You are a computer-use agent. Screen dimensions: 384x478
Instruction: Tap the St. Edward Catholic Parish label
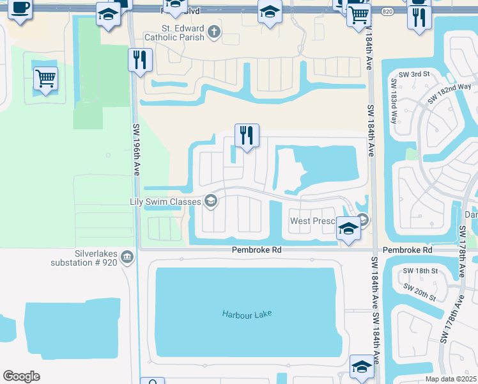183,33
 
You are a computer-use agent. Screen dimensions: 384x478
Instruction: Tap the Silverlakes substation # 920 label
85,258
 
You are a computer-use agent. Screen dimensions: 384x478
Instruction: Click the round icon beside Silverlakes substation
128,257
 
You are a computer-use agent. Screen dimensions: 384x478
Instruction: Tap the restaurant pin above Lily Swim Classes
247,135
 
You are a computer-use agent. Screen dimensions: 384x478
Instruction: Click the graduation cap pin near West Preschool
348,228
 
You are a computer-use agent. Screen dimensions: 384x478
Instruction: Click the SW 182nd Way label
449,93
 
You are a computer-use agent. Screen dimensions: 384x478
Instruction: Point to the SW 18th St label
420,271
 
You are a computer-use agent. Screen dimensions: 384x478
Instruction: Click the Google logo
22,376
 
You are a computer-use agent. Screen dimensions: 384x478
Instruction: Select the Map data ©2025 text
451,379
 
